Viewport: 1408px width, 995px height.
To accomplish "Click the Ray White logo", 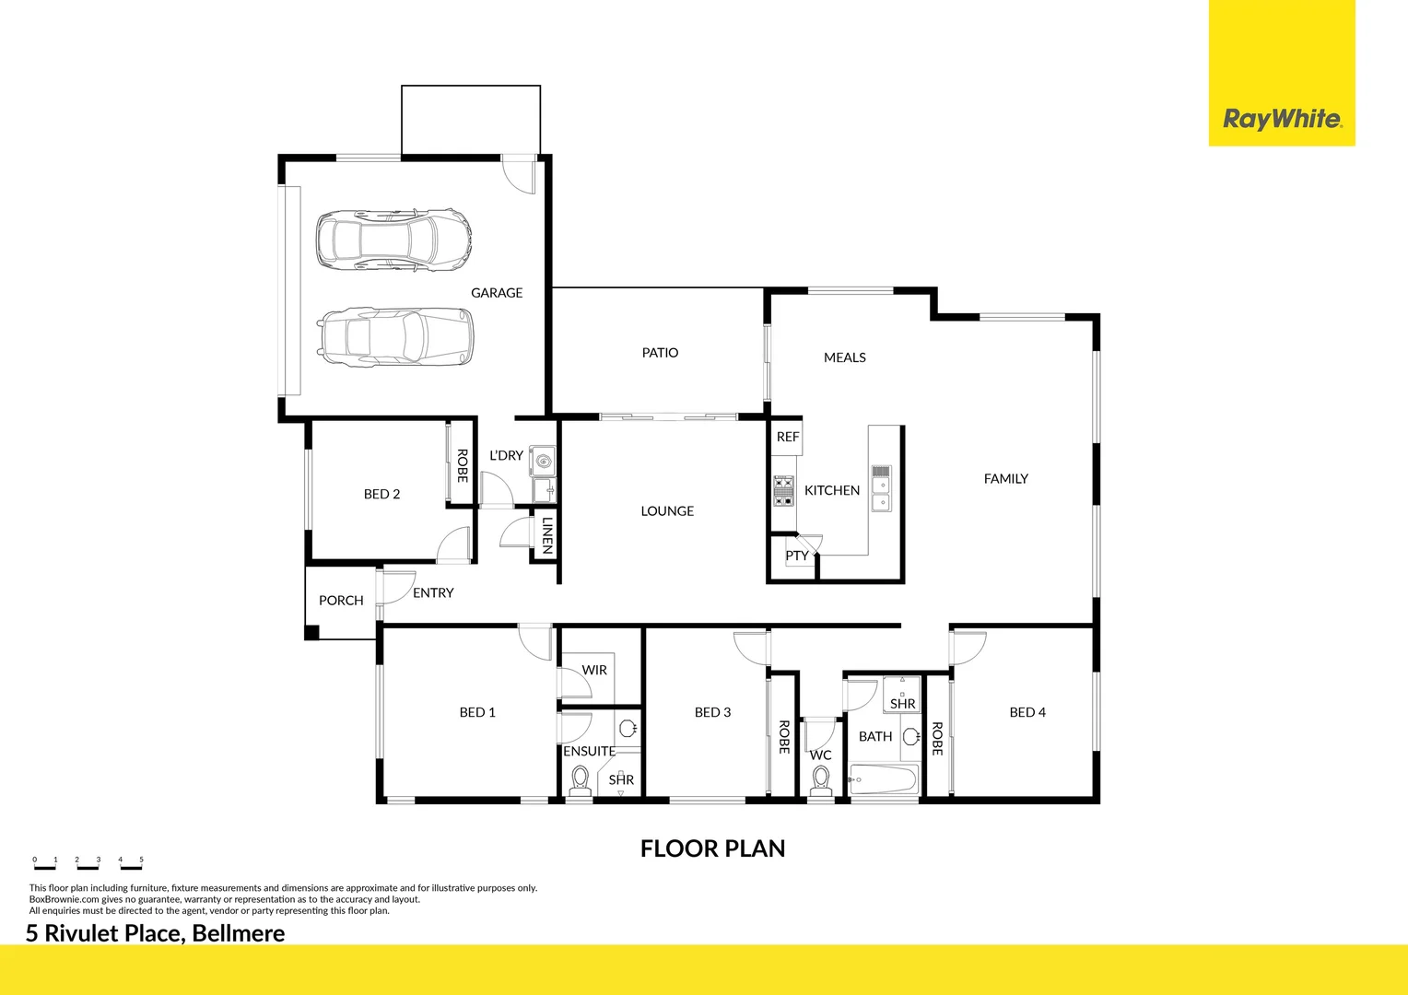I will [x=1282, y=119].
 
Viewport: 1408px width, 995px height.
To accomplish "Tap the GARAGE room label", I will [x=497, y=293].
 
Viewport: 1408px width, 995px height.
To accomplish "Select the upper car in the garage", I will [x=393, y=240].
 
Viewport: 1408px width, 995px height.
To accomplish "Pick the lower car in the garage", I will [x=395, y=336].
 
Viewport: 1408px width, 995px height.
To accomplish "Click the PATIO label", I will [x=660, y=353].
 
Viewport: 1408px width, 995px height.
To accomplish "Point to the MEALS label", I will [x=844, y=357].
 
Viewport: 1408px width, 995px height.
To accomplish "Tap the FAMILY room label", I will [x=1005, y=479].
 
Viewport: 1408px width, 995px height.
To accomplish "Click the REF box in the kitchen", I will [x=787, y=438].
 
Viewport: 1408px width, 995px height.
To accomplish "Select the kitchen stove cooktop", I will [x=783, y=491].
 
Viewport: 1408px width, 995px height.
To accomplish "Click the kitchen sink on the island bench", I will [x=881, y=487].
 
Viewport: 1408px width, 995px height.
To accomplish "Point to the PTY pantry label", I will [x=796, y=556].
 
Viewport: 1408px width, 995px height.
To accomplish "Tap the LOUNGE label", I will [x=667, y=511].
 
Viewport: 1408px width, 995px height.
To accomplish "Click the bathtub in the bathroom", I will [x=884, y=779].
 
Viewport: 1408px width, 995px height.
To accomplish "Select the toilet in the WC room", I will [x=821, y=780].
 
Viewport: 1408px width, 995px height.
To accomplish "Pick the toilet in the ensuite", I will [x=580, y=781].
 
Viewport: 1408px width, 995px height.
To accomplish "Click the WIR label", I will [x=594, y=671].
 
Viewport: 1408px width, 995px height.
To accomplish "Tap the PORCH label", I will [x=341, y=601].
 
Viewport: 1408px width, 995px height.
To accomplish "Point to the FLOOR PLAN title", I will [x=712, y=849].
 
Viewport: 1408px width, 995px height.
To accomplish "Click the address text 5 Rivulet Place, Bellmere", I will [x=155, y=933].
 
